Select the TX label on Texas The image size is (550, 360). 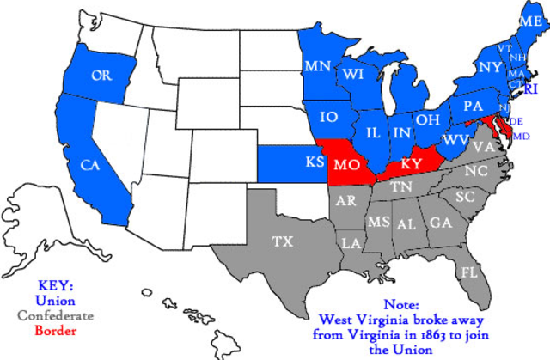283,241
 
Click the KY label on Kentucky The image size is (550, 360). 412,162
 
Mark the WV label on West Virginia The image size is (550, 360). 455,139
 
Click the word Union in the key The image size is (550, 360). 56,301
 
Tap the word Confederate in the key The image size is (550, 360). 56,314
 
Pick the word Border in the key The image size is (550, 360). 56,328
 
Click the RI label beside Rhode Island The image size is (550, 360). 531,88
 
